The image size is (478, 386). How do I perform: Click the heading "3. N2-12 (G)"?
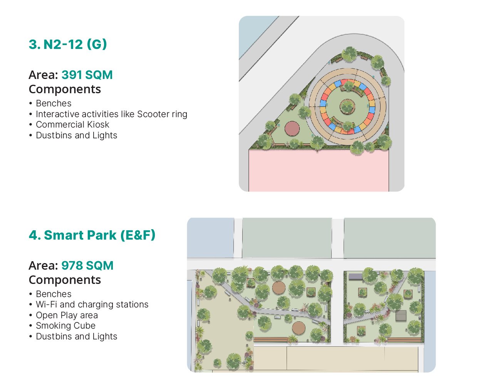[x=67, y=44]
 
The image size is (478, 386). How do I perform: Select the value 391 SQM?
[x=87, y=75]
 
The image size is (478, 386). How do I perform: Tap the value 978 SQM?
[x=87, y=265]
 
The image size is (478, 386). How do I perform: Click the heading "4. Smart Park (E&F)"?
[x=92, y=235]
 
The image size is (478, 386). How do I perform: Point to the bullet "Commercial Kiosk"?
[x=72, y=124]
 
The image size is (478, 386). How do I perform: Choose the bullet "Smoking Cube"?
[x=65, y=326]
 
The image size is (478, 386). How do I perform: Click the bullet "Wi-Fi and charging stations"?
[x=92, y=305]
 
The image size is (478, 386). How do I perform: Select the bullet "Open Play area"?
[x=67, y=315]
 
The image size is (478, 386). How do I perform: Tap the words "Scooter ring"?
[x=162, y=114]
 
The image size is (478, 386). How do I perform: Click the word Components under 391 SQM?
[x=65, y=89]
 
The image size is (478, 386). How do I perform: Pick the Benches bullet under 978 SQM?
[x=54, y=294]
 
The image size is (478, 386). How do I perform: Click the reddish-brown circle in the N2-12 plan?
[x=292, y=129]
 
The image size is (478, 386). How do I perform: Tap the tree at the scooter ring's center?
[x=347, y=106]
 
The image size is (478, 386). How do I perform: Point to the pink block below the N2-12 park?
[x=319, y=171]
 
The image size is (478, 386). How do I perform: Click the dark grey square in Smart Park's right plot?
[x=401, y=316]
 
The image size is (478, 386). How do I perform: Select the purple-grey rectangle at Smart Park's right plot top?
[x=356, y=277]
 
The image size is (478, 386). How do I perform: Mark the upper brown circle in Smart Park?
[x=279, y=288]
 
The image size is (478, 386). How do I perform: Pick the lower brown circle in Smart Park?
[x=299, y=328]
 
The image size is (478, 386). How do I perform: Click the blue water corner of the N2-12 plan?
[x=256, y=34]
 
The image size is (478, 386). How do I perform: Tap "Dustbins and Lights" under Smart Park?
[x=77, y=336]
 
